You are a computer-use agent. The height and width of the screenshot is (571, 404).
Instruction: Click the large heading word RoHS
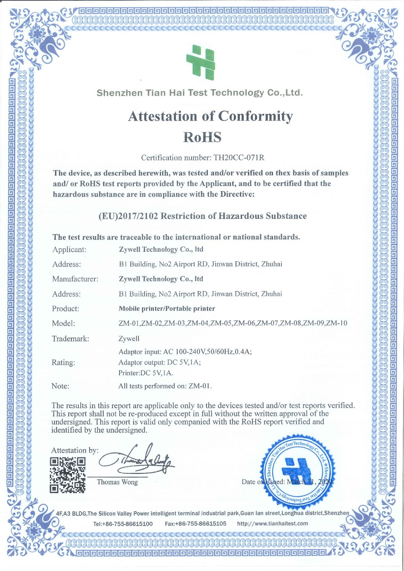[202, 137]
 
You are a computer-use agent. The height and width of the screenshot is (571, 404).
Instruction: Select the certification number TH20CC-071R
[239, 157]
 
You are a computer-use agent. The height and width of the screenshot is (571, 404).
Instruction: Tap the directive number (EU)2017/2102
[128, 216]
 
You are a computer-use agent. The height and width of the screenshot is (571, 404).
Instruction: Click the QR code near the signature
[68, 475]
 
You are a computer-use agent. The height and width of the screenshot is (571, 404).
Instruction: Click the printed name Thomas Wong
[117, 482]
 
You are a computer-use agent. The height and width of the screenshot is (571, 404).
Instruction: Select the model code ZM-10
[337, 323]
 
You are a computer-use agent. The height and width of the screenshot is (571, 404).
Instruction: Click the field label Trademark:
[70, 339]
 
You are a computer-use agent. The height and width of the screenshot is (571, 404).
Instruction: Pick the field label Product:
[66, 309]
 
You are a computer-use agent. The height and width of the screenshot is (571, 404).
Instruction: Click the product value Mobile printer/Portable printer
[167, 309]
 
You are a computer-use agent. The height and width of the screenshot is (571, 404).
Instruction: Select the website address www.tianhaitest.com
[273, 524]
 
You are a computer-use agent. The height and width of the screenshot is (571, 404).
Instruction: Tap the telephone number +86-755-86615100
[127, 524]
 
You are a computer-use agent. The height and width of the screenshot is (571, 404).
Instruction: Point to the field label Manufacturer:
[75, 279]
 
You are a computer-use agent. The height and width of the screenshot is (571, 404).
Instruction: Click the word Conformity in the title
[255, 116]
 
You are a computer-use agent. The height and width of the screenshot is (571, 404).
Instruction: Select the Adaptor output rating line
[159, 362]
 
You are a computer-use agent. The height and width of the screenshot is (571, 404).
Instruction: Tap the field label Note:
[60, 386]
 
